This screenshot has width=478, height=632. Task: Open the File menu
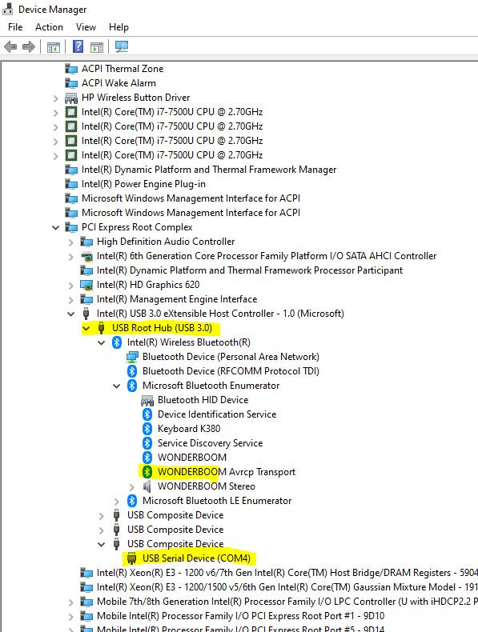coord(15,27)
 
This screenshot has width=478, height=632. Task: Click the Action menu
coord(49,27)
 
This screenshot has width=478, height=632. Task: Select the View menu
coord(86,27)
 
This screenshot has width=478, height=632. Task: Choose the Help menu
coord(118,27)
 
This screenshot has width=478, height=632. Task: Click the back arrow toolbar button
coord(10,46)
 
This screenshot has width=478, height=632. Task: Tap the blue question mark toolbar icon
coord(78,46)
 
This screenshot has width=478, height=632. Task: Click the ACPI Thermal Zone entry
coord(123,69)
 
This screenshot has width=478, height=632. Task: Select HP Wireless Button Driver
coord(135,98)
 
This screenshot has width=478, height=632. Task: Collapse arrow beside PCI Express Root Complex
coord(56,228)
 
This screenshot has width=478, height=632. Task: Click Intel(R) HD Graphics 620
coord(148,285)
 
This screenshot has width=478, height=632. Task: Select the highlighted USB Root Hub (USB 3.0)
coord(163,328)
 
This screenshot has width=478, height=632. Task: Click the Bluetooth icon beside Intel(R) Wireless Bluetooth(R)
coord(117,342)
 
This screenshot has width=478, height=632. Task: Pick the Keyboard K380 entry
coord(189,429)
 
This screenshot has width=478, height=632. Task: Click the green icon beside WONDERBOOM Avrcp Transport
coord(147,472)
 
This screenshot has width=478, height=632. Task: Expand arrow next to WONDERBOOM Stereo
coord(131,487)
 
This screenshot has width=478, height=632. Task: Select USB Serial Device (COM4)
coord(196,558)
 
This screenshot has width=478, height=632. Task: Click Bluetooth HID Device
coord(203,400)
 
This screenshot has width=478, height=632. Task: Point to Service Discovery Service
coord(210,443)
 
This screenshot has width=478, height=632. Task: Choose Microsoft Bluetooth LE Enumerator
coord(217,501)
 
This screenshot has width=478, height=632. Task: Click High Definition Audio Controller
coord(166,242)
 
